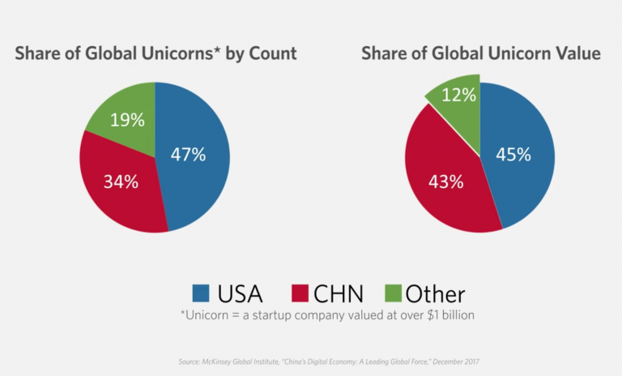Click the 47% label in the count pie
(188, 154)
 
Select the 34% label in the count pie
(121, 182)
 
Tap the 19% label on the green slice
(127, 120)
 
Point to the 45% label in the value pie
(513, 154)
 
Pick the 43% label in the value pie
(445, 182)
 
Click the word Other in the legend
(435, 293)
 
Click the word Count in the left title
(271, 54)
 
